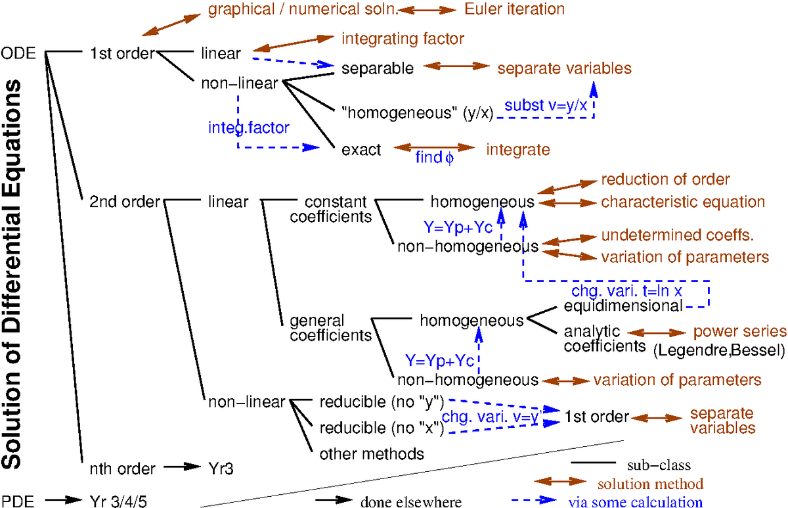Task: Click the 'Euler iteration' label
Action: [x=514, y=9]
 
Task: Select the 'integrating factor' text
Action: [x=403, y=39]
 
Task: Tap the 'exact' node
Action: [x=361, y=150]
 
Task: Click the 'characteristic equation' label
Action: [x=683, y=202]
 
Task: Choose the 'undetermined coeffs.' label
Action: [x=676, y=236]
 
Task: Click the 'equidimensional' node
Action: [x=623, y=306]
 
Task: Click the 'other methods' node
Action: [x=372, y=453]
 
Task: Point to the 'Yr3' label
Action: [x=220, y=469]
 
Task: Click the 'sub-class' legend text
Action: [x=658, y=465]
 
